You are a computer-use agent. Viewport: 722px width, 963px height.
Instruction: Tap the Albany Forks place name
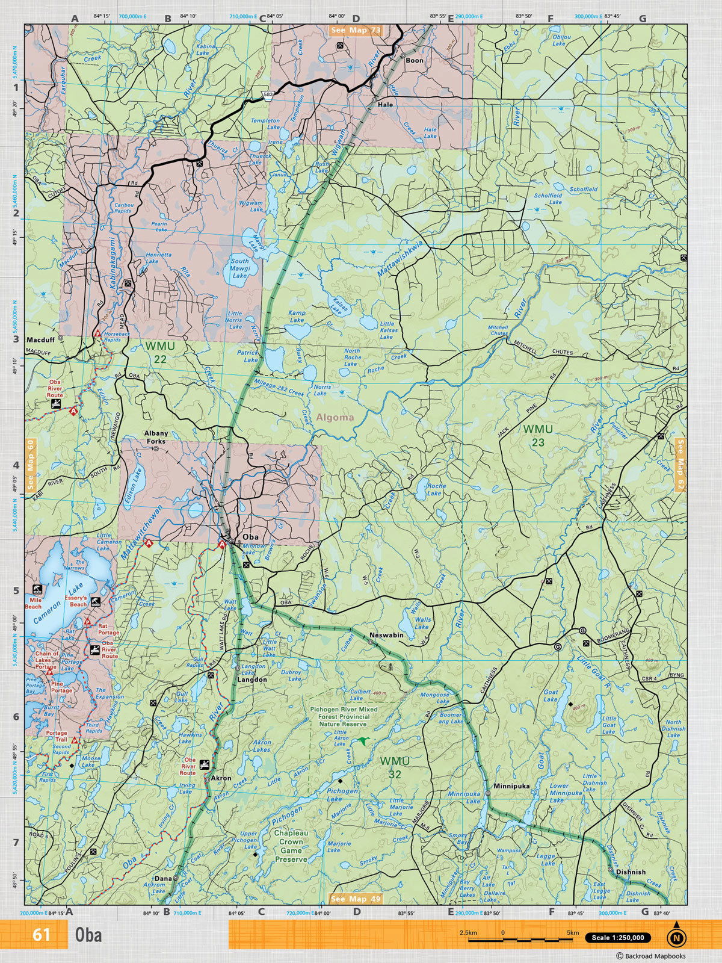click(156, 437)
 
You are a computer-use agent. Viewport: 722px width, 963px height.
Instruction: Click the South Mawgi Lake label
click(239, 268)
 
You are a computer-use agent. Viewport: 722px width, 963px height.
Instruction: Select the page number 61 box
click(42, 935)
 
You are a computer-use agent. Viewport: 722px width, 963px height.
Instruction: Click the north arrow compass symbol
click(676, 937)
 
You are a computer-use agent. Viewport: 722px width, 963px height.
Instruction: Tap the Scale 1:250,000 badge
click(617, 938)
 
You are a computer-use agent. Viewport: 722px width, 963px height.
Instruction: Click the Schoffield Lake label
click(548, 199)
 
